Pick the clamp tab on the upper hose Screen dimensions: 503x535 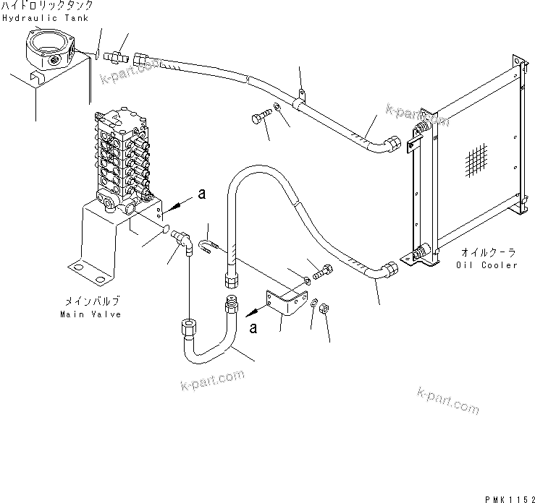pyautogui.click(x=302, y=94)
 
